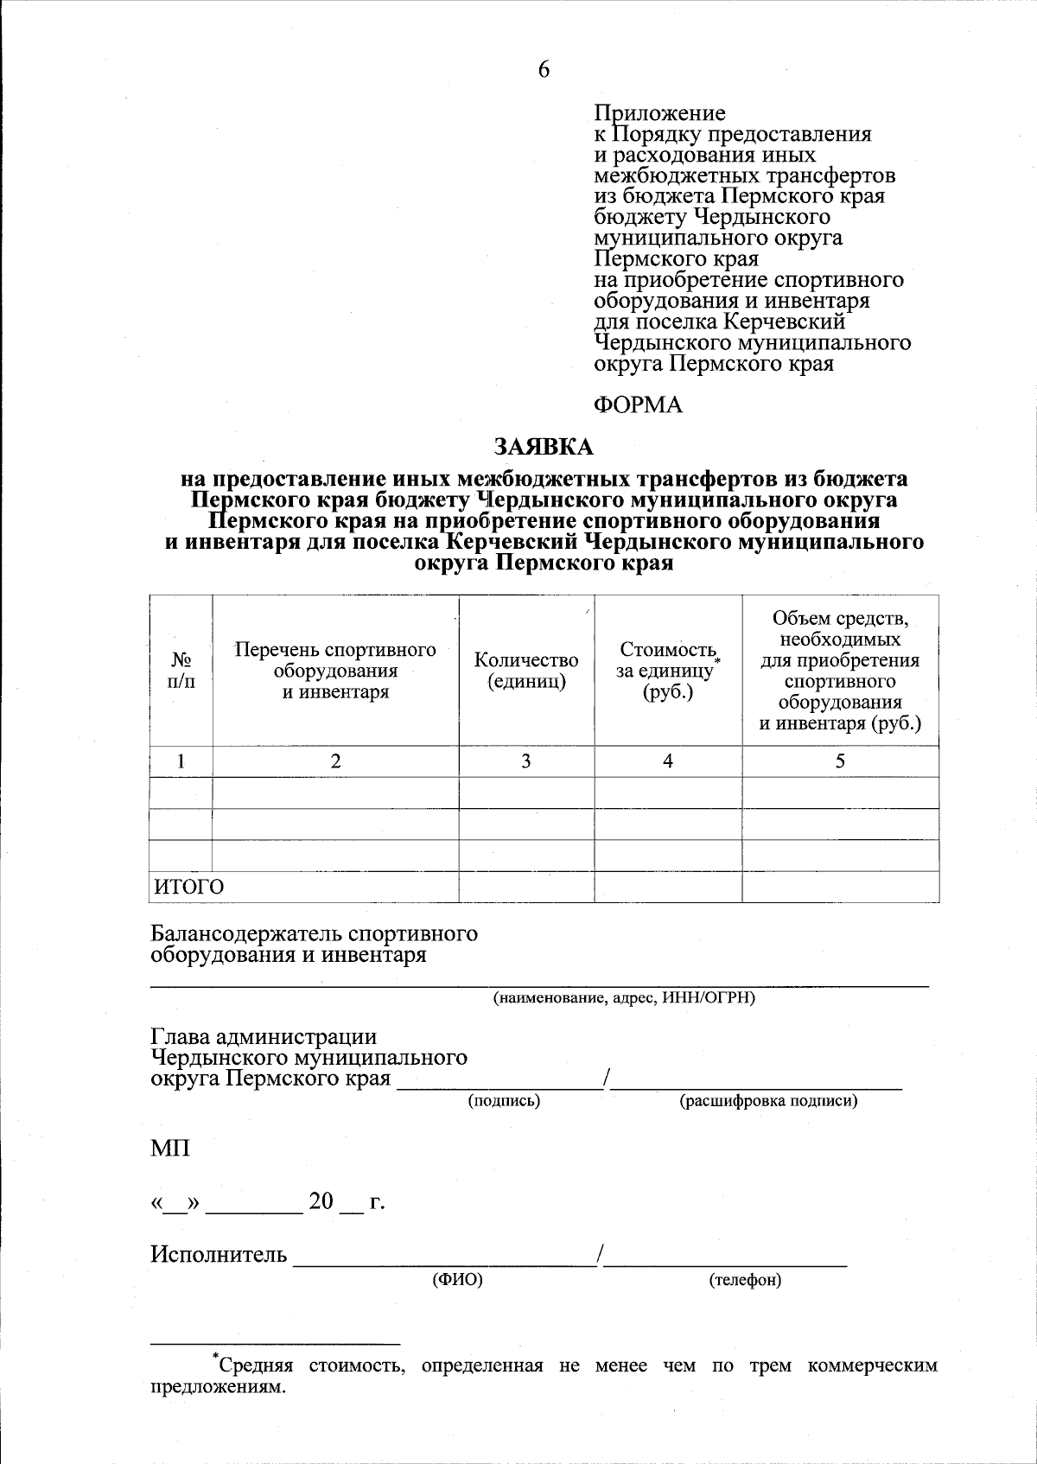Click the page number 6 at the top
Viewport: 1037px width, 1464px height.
(544, 70)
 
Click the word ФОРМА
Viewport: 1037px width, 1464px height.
(639, 405)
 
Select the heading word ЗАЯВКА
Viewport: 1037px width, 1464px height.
(544, 447)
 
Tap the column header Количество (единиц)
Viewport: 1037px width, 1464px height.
(526, 671)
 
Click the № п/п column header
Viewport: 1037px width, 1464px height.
(181, 671)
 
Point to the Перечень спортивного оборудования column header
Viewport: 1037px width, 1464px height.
(335, 671)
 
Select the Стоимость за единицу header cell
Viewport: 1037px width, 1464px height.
(668, 671)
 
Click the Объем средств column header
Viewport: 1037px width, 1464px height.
(840, 671)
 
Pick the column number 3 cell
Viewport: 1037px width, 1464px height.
(526, 761)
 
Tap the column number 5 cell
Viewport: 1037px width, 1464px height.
(840, 761)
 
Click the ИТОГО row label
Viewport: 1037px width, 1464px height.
(189, 887)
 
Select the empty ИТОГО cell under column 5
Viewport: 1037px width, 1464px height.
(840, 887)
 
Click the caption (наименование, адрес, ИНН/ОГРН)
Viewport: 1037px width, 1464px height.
(624, 998)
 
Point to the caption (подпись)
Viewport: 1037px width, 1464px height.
(504, 1101)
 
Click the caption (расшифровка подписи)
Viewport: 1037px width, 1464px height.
(768, 1101)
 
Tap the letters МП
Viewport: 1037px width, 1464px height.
(170, 1149)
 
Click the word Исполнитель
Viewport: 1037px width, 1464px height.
(219, 1254)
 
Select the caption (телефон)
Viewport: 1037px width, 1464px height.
(744, 1280)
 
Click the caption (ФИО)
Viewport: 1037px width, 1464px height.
(457, 1280)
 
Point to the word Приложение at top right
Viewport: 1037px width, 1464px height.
(660, 114)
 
